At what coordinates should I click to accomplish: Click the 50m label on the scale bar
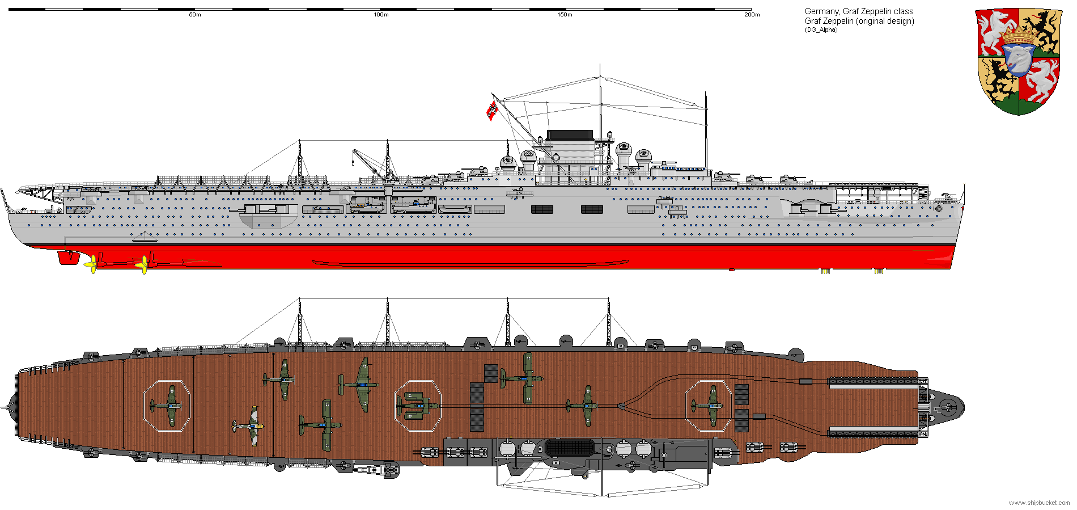point(195,15)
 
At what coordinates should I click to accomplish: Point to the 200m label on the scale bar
point(752,15)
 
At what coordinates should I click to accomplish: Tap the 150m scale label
point(565,15)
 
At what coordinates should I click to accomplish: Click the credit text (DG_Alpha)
point(821,29)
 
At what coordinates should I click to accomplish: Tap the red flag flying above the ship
point(491,110)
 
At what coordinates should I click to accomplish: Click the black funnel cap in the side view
point(570,136)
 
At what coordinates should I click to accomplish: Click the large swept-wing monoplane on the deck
point(361,384)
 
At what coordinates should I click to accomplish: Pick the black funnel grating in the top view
point(570,448)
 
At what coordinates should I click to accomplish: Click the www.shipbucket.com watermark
point(1039,503)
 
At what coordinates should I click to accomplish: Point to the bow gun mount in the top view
point(947,406)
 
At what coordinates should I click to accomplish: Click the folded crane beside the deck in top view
point(374,470)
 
